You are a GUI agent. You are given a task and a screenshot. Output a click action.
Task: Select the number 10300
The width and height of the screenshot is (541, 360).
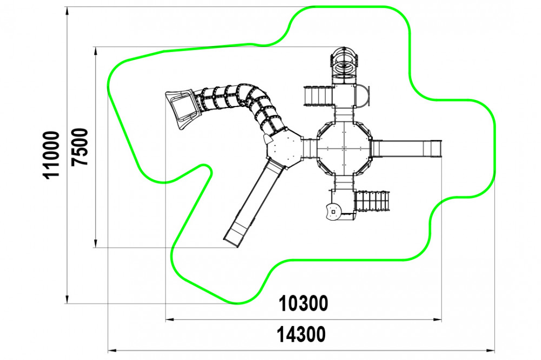[304, 304]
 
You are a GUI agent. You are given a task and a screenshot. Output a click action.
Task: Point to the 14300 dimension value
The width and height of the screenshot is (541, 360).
[301, 335]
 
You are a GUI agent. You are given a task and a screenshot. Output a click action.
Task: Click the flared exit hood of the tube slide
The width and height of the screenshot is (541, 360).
[182, 107]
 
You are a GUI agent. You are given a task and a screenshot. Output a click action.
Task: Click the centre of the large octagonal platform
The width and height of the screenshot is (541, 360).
[344, 148]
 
